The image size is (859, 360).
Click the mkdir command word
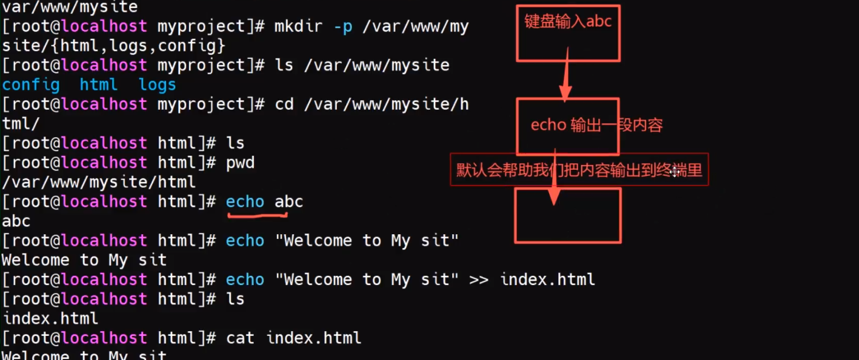[x=298, y=26]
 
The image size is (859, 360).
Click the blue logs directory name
[x=157, y=85]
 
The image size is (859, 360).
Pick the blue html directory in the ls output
[x=99, y=84]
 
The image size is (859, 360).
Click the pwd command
[x=240, y=163]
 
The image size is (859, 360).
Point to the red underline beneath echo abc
[x=257, y=216]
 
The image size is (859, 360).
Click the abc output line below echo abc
[x=16, y=221]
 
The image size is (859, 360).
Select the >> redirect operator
[x=479, y=279]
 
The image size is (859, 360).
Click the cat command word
[x=240, y=338]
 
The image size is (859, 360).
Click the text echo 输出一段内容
[x=597, y=125]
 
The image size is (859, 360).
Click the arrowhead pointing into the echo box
[x=565, y=93]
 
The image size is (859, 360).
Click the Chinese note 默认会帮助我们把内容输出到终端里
[x=579, y=170]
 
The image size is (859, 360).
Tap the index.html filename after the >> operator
[x=547, y=279]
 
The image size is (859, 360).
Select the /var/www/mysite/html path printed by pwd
[x=99, y=182]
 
